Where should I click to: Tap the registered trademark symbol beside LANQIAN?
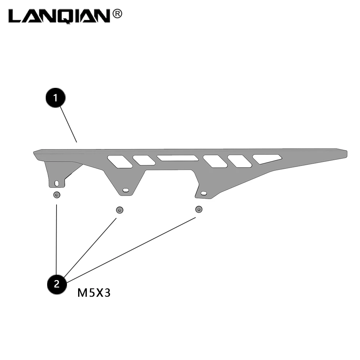pos(117,14)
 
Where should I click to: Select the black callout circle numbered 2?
pos(57,284)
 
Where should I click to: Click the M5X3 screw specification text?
pos(94,293)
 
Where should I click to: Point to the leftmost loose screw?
pos(57,195)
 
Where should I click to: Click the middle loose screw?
pos(119,210)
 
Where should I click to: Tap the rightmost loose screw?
pos(198,209)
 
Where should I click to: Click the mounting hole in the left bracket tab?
pos(57,183)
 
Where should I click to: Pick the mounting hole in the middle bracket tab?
pos(125,190)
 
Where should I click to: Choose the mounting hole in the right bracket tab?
pos(204,193)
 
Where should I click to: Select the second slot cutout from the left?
pos(144,160)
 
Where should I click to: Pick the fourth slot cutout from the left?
pos(215,161)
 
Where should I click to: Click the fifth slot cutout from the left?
pos(239,161)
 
